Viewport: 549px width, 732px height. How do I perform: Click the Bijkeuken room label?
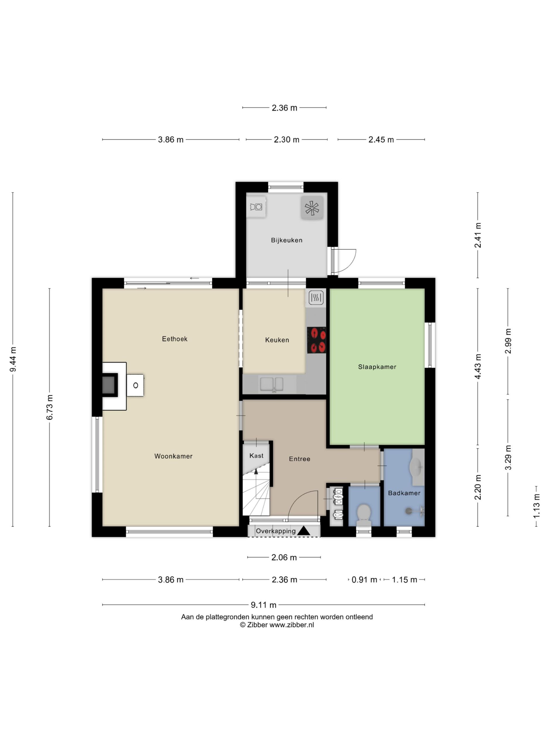[x=287, y=240]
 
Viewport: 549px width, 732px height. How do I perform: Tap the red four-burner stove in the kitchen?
[x=316, y=340]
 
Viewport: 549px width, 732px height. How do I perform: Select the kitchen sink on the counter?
[x=272, y=384]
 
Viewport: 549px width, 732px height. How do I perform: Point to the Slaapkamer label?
[x=377, y=367]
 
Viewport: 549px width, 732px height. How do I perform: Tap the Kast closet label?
[x=256, y=456]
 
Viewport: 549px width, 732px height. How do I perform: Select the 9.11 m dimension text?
[x=264, y=605]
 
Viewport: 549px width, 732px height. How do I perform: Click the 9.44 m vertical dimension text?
[x=13, y=359]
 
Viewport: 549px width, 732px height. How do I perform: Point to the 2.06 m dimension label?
[x=284, y=557]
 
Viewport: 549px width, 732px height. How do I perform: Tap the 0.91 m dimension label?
[x=364, y=579]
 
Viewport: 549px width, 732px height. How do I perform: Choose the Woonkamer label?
[x=173, y=456]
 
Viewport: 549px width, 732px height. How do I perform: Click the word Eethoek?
[x=175, y=339]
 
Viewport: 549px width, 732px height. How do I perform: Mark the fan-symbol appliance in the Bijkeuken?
[x=312, y=208]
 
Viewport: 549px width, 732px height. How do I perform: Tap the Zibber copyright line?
[x=277, y=625]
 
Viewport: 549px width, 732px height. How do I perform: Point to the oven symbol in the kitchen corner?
[x=316, y=298]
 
